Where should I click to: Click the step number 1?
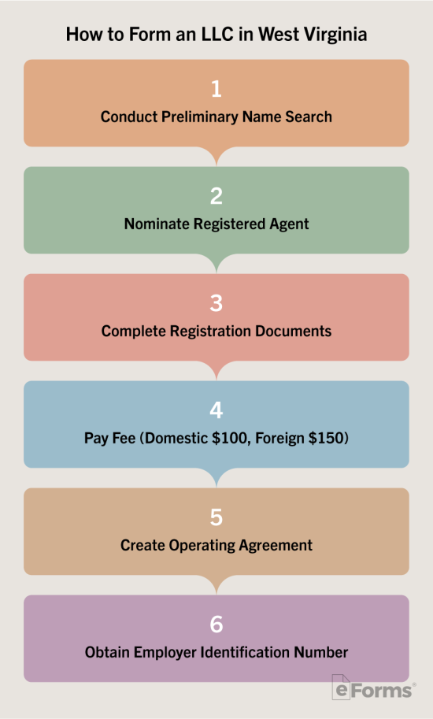click(x=216, y=88)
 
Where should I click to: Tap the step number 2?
click(x=216, y=196)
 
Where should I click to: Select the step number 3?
click(x=216, y=303)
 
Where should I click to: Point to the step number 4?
click(x=216, y=410)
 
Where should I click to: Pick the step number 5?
click(x=216, y=517)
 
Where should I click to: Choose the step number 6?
click(x=216, y=624)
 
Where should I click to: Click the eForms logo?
click(x=373, y=687)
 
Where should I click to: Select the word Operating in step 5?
click(x=202, y=546)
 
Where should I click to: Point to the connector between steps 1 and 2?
click(x=216, y=157)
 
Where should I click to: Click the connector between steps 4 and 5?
click(x=216, y=478)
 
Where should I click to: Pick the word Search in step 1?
click(x=309, y=117)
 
